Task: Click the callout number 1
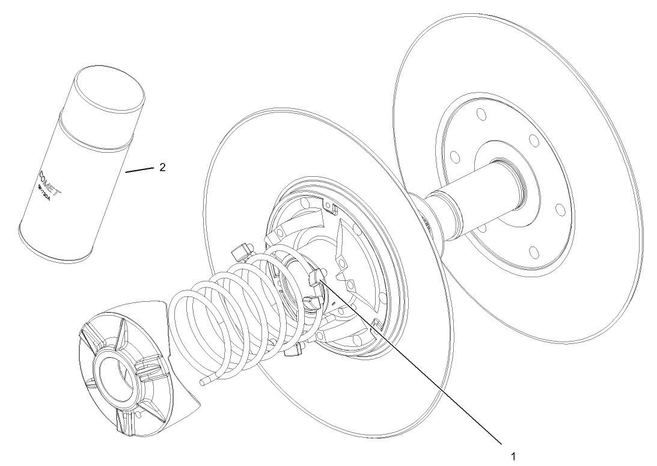point(513,455)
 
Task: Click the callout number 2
point(162,168)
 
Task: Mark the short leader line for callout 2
point(141,171)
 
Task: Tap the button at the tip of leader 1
point(316,277)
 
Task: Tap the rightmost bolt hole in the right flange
point(558,209)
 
